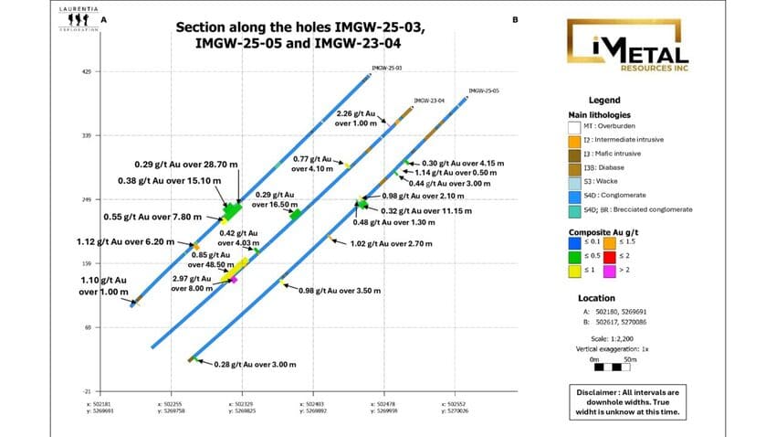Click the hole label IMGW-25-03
click(387, 68)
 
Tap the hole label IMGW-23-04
click(429, 100)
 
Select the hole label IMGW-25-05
click(483, 91)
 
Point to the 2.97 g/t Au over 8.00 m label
click(192, 282)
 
